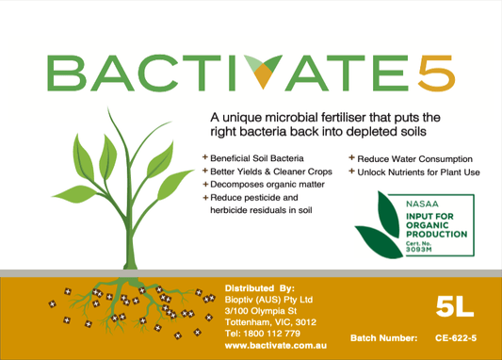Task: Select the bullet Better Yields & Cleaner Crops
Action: [267, 172]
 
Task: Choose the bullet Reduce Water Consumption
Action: [415, 158]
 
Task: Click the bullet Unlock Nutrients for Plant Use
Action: [420, 172]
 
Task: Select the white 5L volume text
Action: [454, 304]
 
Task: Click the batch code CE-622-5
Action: [456, 336]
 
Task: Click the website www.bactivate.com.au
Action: [275, 346]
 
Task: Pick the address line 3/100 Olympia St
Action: [261, 310]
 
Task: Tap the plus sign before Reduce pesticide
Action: [206, 198]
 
